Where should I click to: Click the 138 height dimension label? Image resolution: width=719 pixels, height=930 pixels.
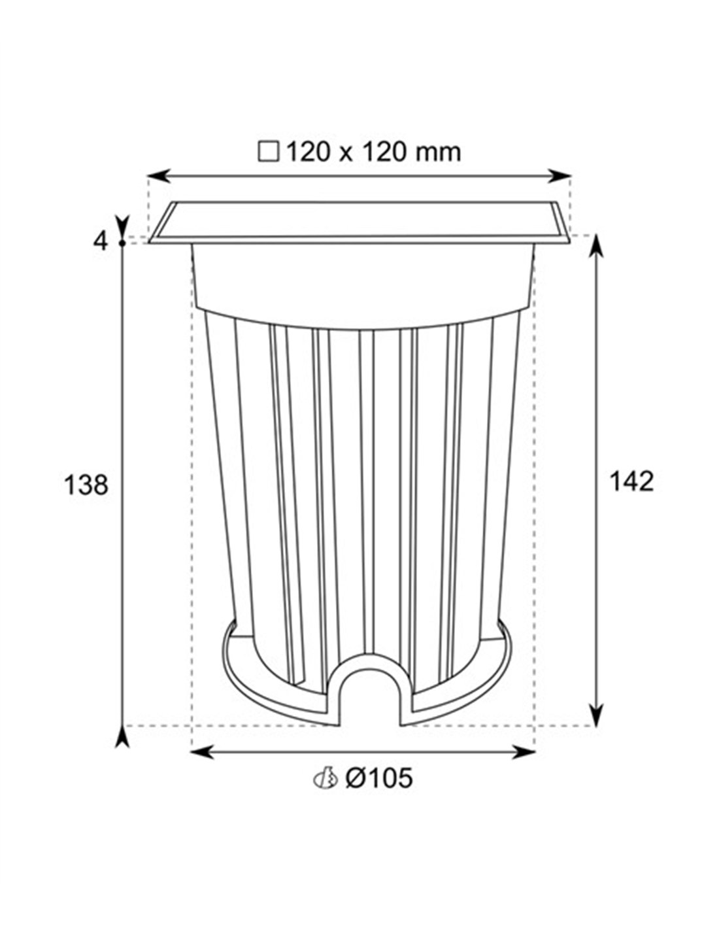click(x=86, y=485)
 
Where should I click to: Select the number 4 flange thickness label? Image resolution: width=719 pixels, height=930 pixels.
click(x=101, y=242)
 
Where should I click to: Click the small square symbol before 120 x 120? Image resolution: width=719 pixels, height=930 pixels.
click(x=268, y=153)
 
